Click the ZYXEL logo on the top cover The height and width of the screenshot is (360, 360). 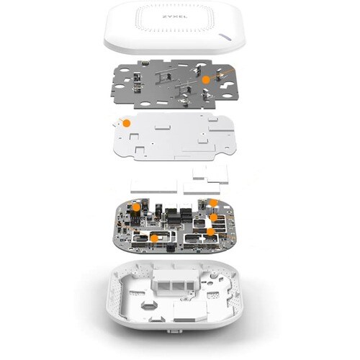click(x=175, y=17)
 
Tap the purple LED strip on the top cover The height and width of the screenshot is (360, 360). click(x=226, y=36)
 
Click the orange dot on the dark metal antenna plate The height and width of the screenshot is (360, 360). click(x=206, y=80)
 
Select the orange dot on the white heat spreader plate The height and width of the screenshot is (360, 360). click(x=127, y=123)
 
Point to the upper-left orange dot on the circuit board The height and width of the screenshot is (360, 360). click(x=136, y=207)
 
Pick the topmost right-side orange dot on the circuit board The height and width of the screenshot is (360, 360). click(x=213, y=203)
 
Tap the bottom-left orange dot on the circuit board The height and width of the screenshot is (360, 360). click(x=155, y=238)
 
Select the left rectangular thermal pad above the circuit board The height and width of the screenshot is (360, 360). click(x=154, y=186)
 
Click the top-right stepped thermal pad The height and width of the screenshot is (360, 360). click(x=211, y=174)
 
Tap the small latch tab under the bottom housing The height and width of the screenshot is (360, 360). click(x=174, y=331)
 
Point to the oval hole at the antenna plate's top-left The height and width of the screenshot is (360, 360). click(x=124, y=71)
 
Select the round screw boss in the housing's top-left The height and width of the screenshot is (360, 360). click(x=134, y=273)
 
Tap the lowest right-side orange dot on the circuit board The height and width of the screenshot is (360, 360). click(x=210, y=232)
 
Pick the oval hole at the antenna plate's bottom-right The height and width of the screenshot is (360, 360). click(x=227, y=96)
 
